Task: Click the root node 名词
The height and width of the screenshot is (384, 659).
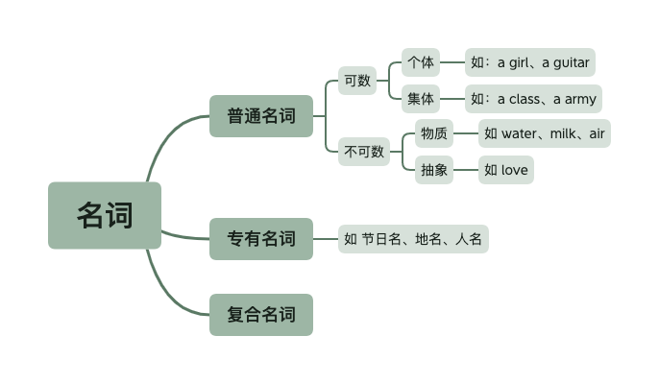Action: [x=105, y=215]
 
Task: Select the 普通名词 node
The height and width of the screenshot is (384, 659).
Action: [x=261, y=116]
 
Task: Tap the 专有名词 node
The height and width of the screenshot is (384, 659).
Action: [x=261, y=238]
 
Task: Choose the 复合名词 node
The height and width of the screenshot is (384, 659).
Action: [x=261, y=314]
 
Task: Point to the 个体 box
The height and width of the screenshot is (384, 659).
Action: [x=420, y=63]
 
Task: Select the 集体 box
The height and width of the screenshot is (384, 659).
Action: [x=420, y=98]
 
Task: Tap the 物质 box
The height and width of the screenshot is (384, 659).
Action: [x=433, y=133]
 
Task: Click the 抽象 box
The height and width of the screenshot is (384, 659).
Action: [x=433, y=170]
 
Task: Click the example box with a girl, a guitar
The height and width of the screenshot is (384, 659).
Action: [x=529, y=63]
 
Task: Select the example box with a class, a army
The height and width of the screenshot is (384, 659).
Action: [x=533, y=98]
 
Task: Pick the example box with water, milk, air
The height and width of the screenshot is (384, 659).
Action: [x=545, y=133]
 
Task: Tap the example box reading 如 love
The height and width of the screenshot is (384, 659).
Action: [x=505, y=170]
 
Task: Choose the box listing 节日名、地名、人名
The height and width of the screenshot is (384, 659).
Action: [x=413, y=239]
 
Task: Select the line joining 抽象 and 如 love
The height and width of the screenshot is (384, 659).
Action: [x=466, y=170]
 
